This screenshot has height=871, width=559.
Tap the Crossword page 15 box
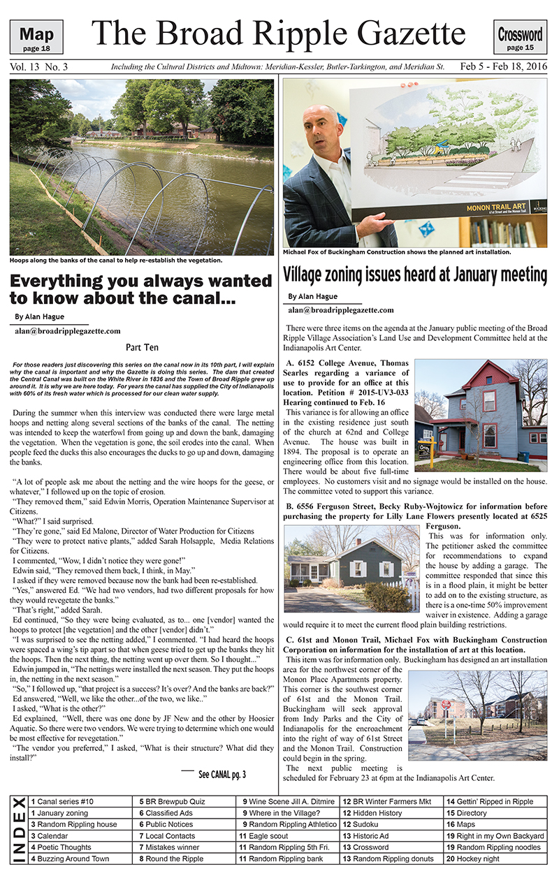521,37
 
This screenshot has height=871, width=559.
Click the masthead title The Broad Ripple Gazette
278,33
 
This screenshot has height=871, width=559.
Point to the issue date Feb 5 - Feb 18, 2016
504,68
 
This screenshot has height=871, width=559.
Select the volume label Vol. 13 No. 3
39,68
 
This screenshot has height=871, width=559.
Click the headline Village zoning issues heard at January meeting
415,274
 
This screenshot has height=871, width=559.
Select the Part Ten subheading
142,346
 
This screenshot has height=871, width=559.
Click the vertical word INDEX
19,830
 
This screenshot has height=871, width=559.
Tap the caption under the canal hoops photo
116,261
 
